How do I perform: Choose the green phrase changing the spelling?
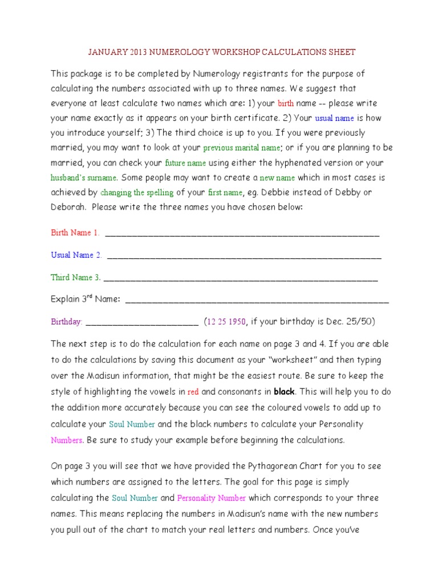(x=137, y=193)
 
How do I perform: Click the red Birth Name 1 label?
(x=75, y=233)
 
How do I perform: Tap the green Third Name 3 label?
(x=76, y=278)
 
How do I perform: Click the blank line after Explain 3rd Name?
(x=257, y=300)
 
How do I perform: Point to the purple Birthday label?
(x=67, y=322)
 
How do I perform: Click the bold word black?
(x=284, y=392)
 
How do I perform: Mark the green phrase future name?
(x=184, y=163)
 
